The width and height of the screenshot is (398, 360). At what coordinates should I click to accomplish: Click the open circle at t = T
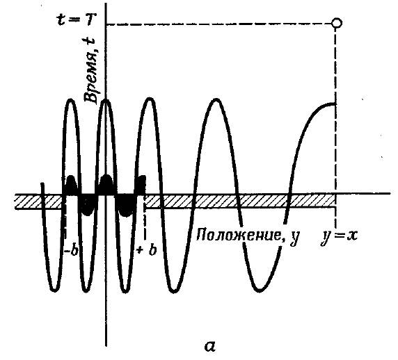(x=337, y=23)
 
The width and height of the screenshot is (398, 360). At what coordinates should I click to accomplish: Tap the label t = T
(x=73, y=20)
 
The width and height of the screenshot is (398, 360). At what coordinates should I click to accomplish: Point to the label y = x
(x=339, y=236)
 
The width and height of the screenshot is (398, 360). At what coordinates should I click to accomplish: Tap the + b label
(x=146, y=251)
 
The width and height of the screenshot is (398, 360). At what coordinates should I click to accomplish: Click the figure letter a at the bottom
(x=210, y=346)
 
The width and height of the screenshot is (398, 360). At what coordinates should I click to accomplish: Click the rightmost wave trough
(x=259, y=289)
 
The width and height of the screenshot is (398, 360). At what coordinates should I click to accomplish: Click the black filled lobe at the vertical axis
(x=106, y=185)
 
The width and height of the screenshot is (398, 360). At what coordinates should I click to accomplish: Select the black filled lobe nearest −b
(x=70, y=186)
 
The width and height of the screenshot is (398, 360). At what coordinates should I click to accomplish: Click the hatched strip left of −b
(x=38, y=202)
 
